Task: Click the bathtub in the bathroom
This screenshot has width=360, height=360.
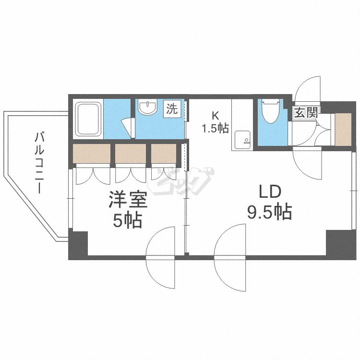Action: pos(88,119)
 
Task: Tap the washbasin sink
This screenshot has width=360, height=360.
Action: pos(148,107)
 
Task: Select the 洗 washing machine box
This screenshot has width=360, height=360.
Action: pos(172,109)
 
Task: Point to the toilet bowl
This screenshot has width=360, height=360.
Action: pos(271,111)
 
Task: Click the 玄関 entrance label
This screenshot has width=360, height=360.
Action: pos(307,112)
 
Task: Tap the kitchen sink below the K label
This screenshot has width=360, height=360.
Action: pos(242,137)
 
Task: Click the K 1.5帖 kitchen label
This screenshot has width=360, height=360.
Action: pos(215,122)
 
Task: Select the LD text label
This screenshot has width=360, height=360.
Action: pos(270,192)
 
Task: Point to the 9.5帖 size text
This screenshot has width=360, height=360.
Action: pos(270,212)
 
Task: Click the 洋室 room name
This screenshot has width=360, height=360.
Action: pos(128,200)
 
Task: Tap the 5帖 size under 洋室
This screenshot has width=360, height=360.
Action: pos(127,220)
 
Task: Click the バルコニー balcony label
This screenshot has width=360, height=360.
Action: pos(39,163)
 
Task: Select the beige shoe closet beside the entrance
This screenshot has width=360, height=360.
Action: pos(343,129)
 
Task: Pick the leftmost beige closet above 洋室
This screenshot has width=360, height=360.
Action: pos(92,154)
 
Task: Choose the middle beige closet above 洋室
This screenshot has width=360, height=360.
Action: pos(131,154)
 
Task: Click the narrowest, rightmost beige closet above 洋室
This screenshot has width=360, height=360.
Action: pos(164,154)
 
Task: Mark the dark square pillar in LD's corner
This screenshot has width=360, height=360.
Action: pos(341,244)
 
